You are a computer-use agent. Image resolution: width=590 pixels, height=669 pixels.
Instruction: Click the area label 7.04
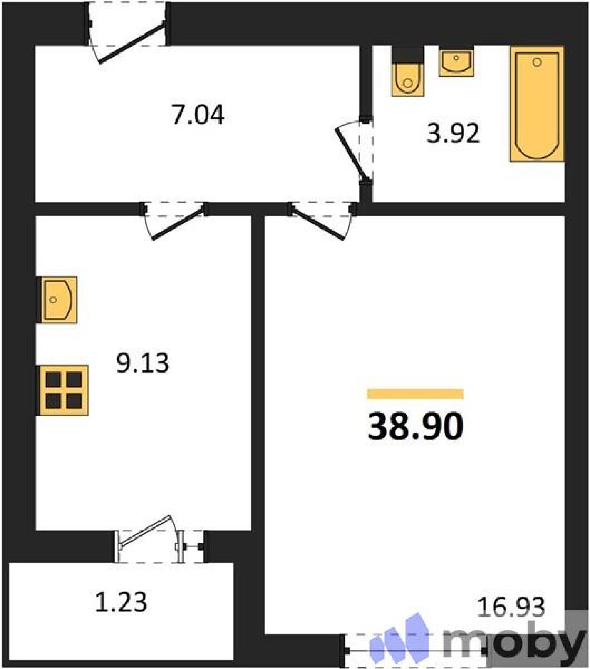pos(198,114)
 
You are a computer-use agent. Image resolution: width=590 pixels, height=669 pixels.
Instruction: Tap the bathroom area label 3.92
pos(453,133)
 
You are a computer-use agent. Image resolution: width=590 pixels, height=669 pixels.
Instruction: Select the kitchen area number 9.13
pos(143,363)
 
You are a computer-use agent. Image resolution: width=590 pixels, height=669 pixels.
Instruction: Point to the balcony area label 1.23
pos(121,602)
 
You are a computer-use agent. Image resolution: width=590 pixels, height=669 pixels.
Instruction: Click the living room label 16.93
pos(511,607)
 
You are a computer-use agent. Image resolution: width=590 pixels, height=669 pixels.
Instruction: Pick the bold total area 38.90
pos(416,426)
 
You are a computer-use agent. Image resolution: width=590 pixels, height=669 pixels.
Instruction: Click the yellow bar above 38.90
pos(415,394)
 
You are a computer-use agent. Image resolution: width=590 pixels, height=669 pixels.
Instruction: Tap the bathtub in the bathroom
pos(537,104)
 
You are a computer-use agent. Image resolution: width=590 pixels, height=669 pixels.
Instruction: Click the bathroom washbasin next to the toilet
pos(456,61)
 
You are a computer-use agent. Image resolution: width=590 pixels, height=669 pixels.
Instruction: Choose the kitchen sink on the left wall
pos(57,299)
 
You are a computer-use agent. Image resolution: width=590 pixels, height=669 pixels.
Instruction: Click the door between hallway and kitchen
pos(174,220)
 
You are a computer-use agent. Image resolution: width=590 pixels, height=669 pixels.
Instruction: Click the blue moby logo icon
pos(400,640)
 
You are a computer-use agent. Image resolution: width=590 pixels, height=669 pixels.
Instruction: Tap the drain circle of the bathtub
pos(537,62)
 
